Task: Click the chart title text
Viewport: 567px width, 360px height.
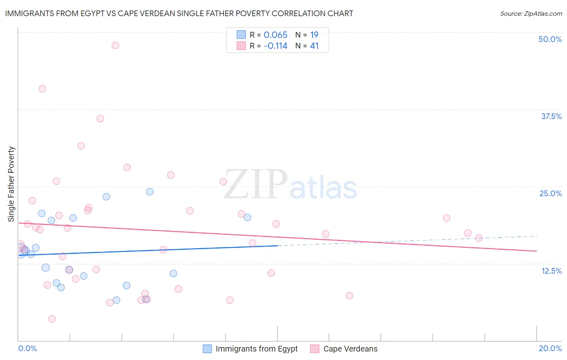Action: tap(179, 14)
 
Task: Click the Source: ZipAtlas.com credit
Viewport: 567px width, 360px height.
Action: tap(531, 14)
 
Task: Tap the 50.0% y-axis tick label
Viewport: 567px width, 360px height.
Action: tap(550, 39)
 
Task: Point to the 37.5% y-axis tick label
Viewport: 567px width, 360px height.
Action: tap(551, 116)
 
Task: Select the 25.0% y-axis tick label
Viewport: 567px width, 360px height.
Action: tap(550, 193)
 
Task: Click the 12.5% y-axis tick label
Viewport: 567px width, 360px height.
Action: tap(551, 271)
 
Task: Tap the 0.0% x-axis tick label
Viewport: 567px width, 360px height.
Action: tap(27, 348)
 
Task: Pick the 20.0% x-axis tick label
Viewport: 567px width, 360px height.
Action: tap(550, 348)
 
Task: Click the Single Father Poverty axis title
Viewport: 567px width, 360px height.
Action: tap(11, 184)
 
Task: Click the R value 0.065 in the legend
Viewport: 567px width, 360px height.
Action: tap(275, 35)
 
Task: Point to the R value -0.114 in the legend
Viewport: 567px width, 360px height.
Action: tap(275, 46)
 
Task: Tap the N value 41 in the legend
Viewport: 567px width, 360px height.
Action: tap(314, 46)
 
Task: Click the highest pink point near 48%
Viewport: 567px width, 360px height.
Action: tap(115, 45)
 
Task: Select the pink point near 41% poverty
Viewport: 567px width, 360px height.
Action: tap(42, 89)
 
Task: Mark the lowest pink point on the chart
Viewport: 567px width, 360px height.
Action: tap(52, 319)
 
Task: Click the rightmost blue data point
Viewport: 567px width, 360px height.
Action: tap(248, 218)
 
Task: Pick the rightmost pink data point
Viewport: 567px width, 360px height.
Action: tap(479, 238)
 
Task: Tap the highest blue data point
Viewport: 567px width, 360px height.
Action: tap(150, 192)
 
